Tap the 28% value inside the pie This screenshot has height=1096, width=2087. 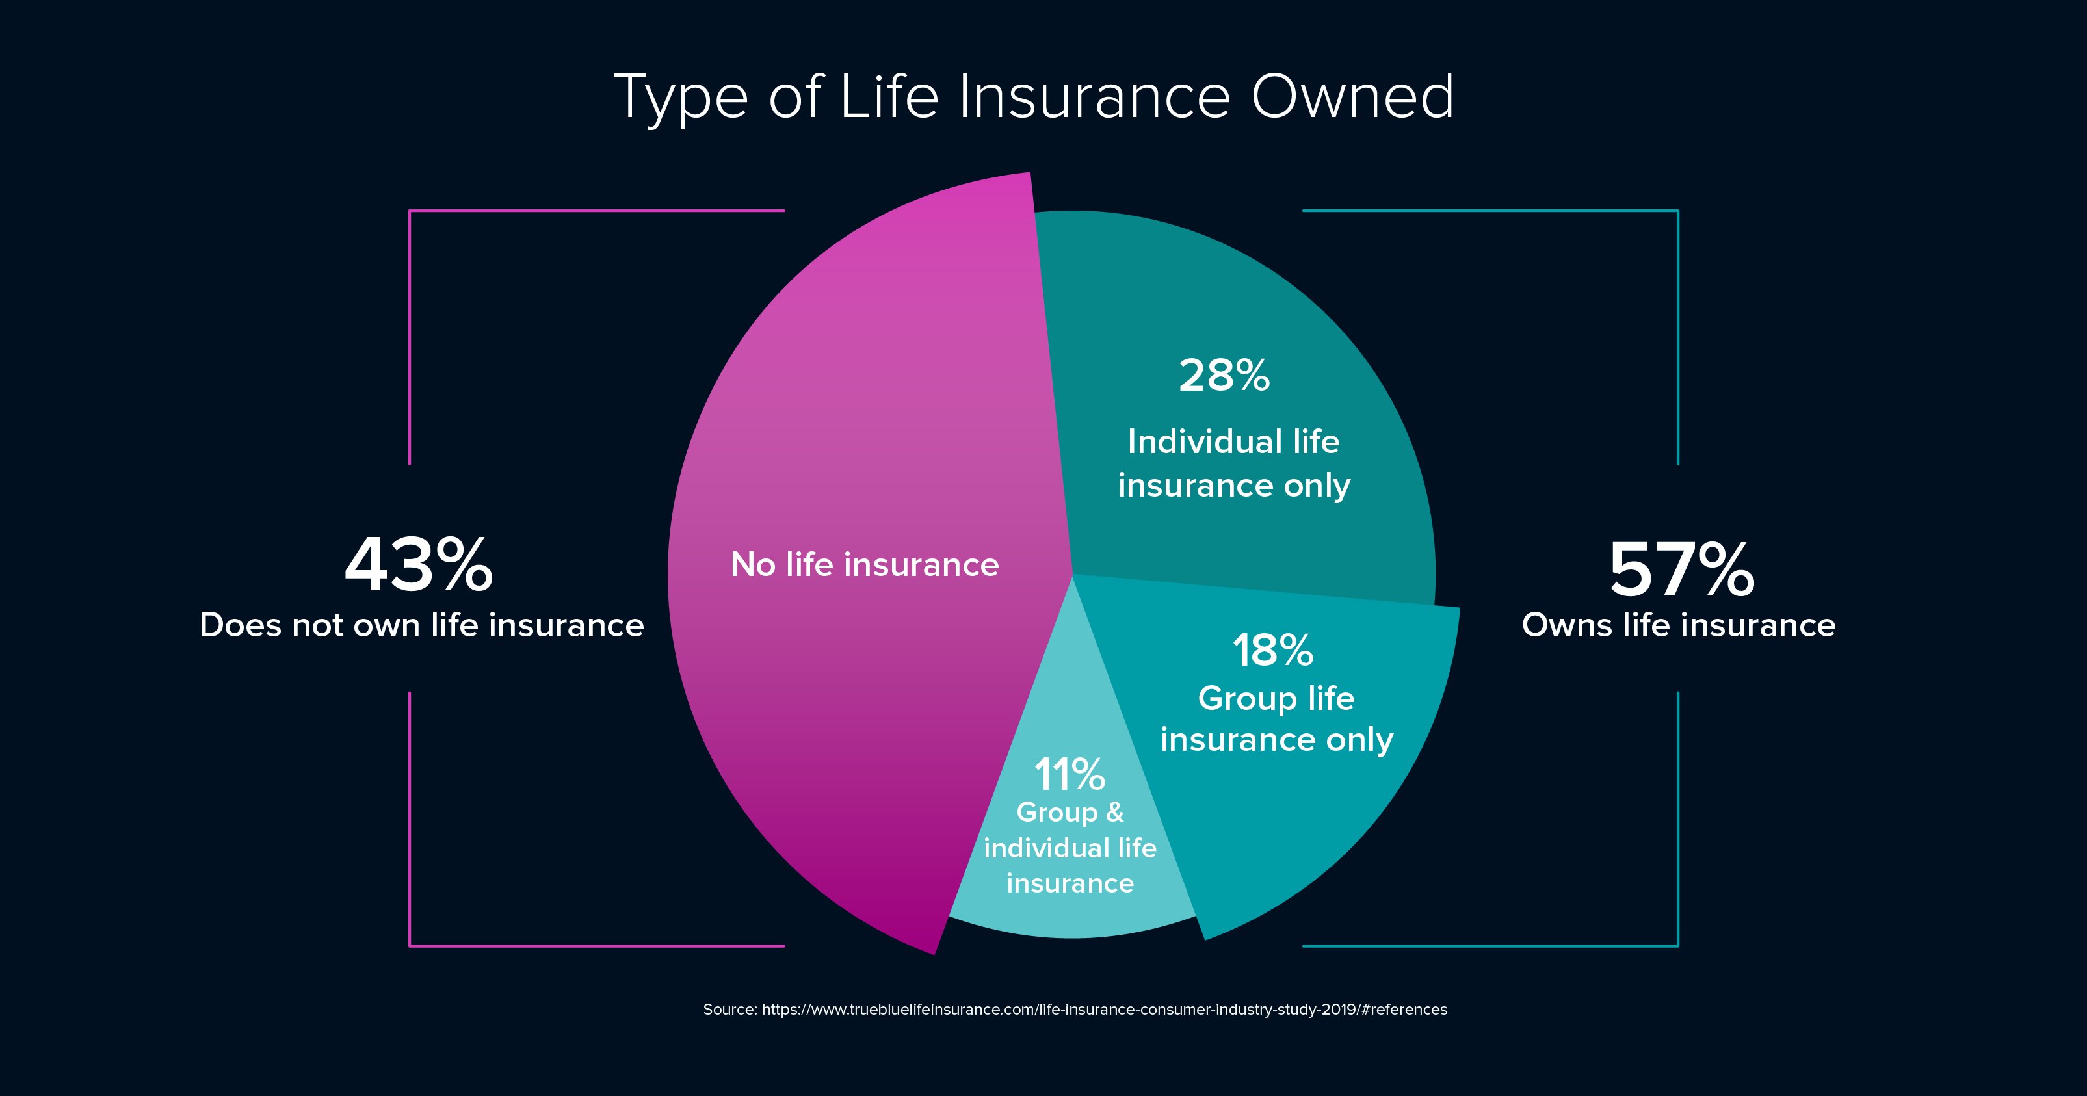[x=1224, y=376]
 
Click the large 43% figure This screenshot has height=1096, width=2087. [x=419, y=565]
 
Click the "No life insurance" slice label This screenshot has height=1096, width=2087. [x=865, y=565]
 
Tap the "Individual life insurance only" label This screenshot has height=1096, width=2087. [x=1234, y=463]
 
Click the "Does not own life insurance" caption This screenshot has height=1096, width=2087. [x=421, y=625]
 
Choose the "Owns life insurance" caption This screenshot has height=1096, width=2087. [x=1679, y=625]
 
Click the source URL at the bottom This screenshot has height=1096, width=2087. [x=1104, y=1010]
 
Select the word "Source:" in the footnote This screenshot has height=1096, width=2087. [x=730, y=1010]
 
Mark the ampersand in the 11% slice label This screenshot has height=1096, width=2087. [x=1115, y=812]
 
